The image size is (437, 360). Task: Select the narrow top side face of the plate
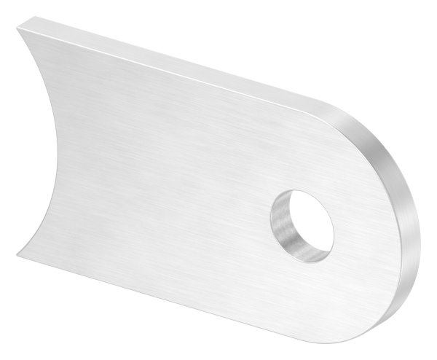[x=182, y=66]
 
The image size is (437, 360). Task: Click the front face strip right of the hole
[x=364, y=233]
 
